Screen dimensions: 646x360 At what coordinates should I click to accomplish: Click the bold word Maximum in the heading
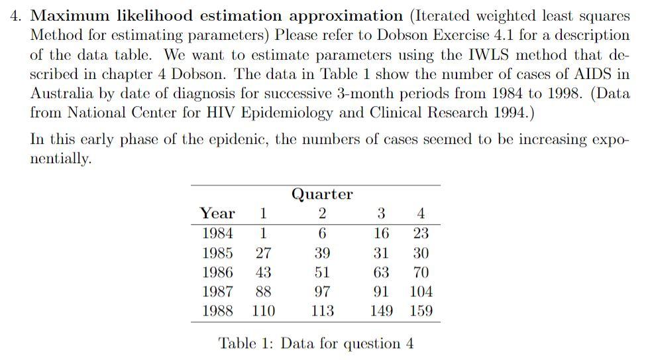tap(70, 16)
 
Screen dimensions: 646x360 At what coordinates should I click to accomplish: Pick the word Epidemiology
tap(287, 113)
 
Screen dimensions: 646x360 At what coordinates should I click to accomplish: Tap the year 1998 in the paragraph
tap(565, 93)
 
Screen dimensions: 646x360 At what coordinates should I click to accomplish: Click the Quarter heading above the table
tap(322, 194)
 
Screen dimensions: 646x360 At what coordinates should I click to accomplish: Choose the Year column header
tap(217, 213)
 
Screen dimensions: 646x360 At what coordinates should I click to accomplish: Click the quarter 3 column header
tap(381, 213)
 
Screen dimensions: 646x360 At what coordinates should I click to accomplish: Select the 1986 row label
tap(217, 272)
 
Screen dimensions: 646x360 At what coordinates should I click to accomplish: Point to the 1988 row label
tap(217, 311)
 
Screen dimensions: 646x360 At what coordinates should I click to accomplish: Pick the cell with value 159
tap(421, 311)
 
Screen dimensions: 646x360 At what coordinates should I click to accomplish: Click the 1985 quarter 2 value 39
tap(322, 253)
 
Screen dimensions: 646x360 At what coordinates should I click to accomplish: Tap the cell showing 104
tap(421, 292)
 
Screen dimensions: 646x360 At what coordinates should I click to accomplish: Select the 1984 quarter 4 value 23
tap(421, 233)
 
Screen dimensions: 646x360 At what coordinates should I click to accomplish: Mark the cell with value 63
tap(381, 272)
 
